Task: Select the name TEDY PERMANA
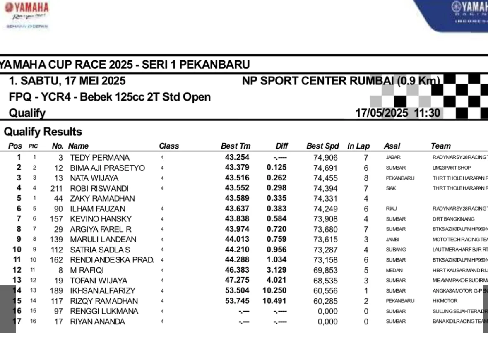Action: click(x=100, y=158)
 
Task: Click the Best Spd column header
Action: click(x=322, y=146)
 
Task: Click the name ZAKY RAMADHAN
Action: click(x=103, y=199)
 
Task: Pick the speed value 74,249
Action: click(x=325, y=209)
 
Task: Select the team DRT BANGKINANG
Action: click(x=454, y=219)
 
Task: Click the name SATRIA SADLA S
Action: click(x=100, y=250)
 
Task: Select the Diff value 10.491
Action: click(x=275, y=301)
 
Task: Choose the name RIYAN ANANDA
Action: click(x=97, y=322)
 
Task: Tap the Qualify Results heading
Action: click(x=43, y=132)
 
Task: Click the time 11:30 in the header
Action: click(x=427, y=113)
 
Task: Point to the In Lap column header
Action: click(x=358, y=146)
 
